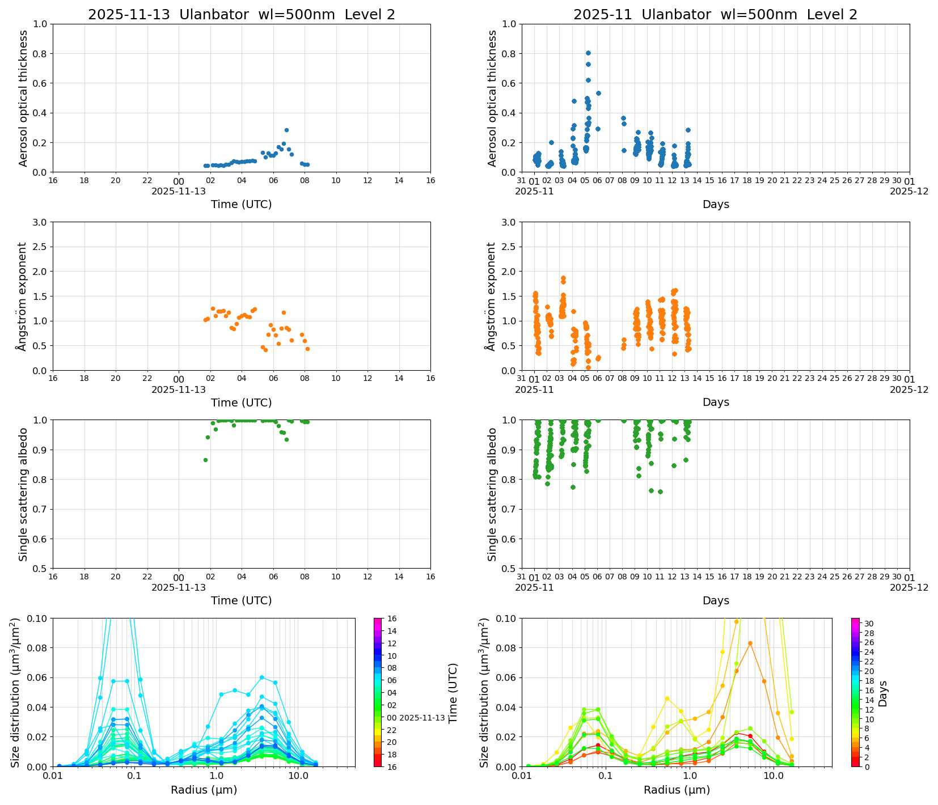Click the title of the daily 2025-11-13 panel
pos(241,15)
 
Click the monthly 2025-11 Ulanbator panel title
pos(715,15)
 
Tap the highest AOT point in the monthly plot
pos(588,53)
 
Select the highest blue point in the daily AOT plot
pos(286,130)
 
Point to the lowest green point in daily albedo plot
pos(205,460)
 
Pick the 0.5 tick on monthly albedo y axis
pos(509,569)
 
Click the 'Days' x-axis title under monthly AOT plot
pos(716,204)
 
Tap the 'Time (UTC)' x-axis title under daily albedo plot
pos(241,600)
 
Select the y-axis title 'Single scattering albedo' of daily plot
pos(23,494)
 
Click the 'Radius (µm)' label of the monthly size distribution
pos(677,790)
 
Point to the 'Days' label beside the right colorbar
pos(883,693)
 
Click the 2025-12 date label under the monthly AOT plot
pos(909,192)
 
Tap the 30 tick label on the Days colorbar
pos(868,624)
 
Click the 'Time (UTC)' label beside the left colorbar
pos(453,693)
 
